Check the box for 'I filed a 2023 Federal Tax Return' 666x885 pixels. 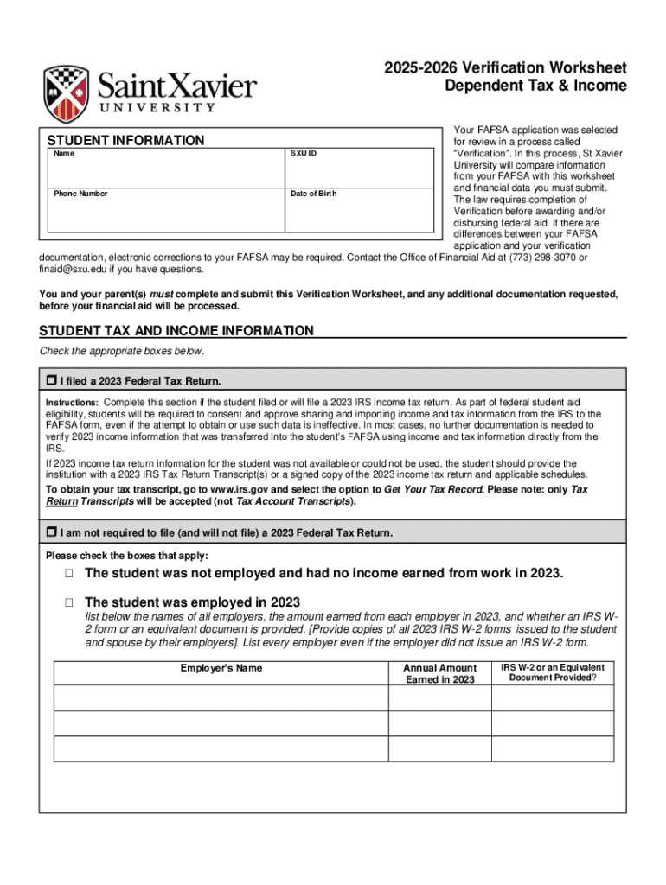coord(50,380)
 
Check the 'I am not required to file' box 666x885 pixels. coord(50,532)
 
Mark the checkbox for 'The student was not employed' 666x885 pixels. coord(67,574)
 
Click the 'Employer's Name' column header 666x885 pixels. coord(221,668)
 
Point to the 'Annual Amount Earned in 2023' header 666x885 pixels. coord(439,673)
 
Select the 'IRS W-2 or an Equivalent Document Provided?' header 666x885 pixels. coord(553,672)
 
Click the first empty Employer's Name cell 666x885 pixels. coord(221,698)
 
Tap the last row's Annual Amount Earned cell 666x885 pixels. coord(439,748)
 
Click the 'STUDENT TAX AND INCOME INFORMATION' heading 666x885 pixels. coord(176,331)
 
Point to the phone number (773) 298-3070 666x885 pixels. coord(542,257)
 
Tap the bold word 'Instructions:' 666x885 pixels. coord(72,403)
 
